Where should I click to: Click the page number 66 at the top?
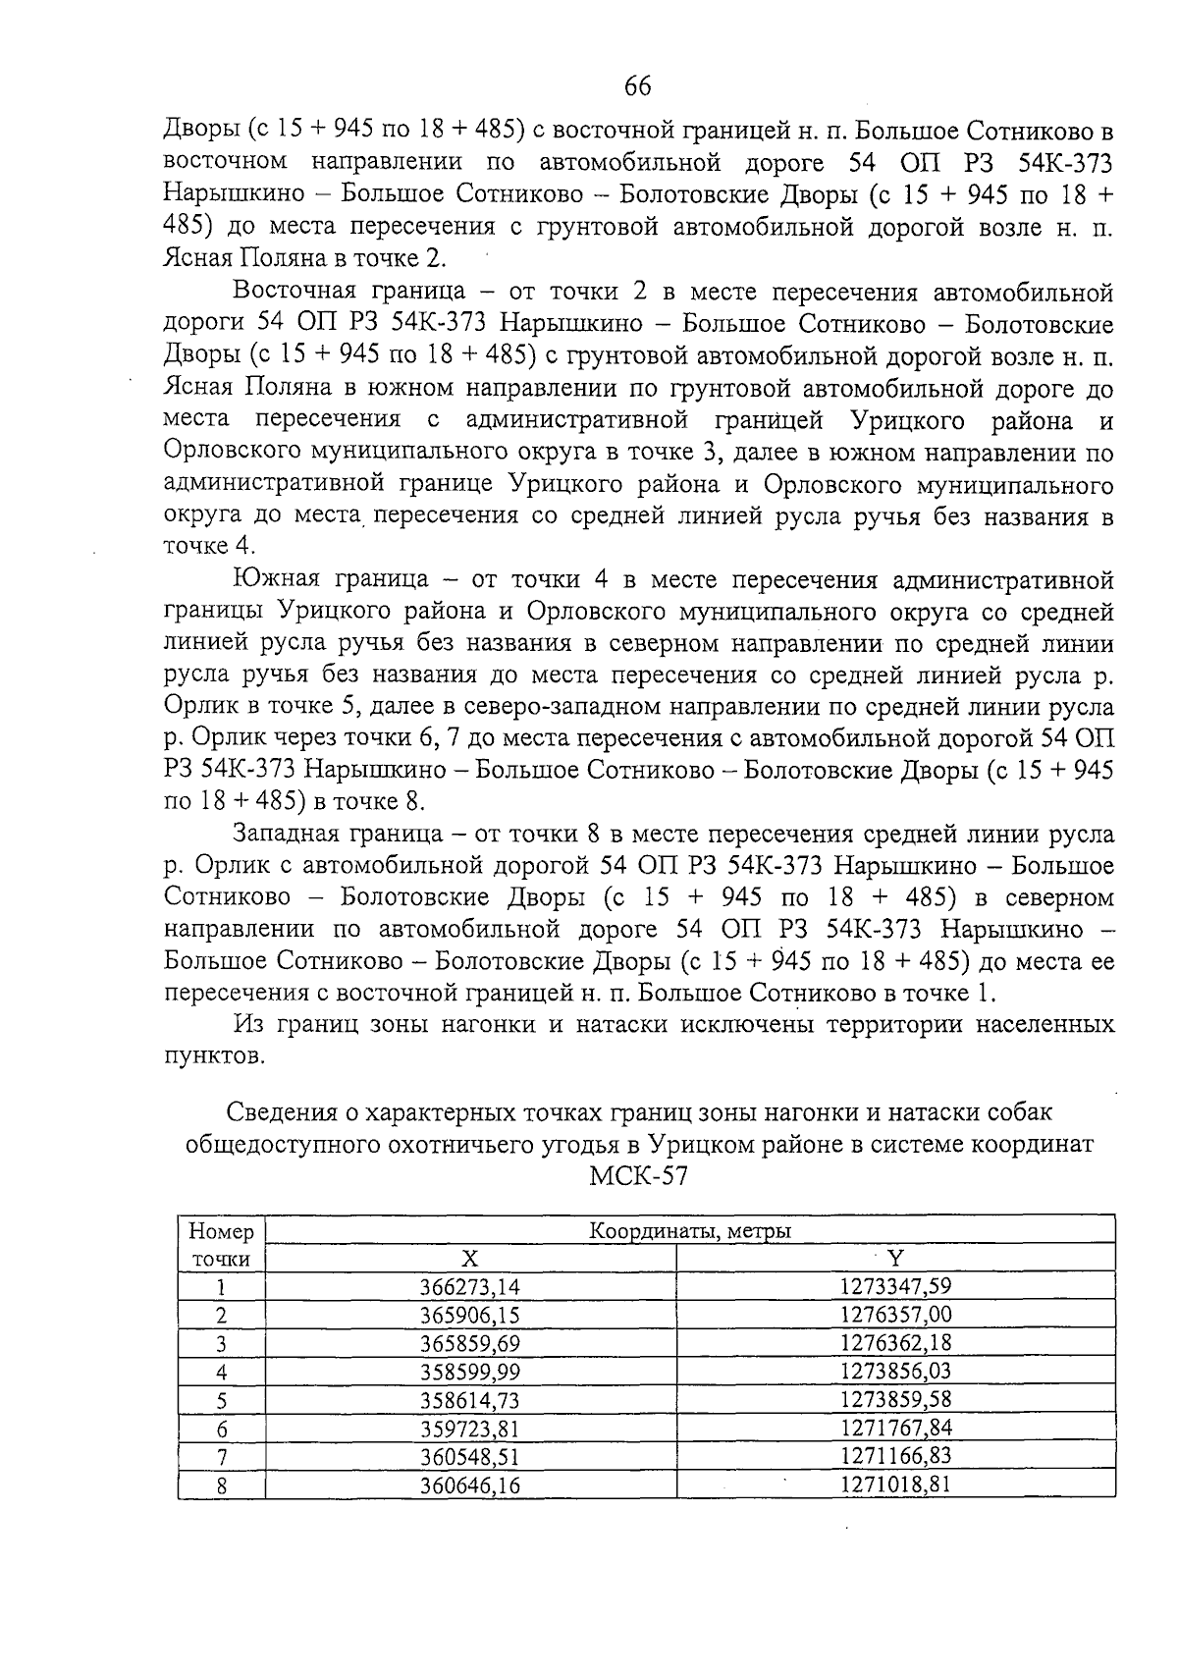coord(637,86)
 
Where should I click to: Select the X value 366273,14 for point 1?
coord(470,1287)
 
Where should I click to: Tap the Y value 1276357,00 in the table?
coord(895,1315)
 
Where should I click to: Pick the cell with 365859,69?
coord(470,1343)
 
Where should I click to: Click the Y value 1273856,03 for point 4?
coord(895,1371)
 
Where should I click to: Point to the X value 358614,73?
coord(470,1400)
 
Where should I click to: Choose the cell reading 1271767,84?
coord(895,1428)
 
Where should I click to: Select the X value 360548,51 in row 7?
coord(470,1456)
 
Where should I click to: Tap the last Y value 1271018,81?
coord(895,1485)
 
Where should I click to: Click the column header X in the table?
coord(470,1259)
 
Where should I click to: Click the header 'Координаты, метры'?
coord(690,1230)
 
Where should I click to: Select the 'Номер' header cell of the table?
coord(221,1231)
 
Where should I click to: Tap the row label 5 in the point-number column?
coord(221,1400)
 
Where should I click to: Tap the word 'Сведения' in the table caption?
coord(275,1112)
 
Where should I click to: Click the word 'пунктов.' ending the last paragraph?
coord(213,1056)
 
